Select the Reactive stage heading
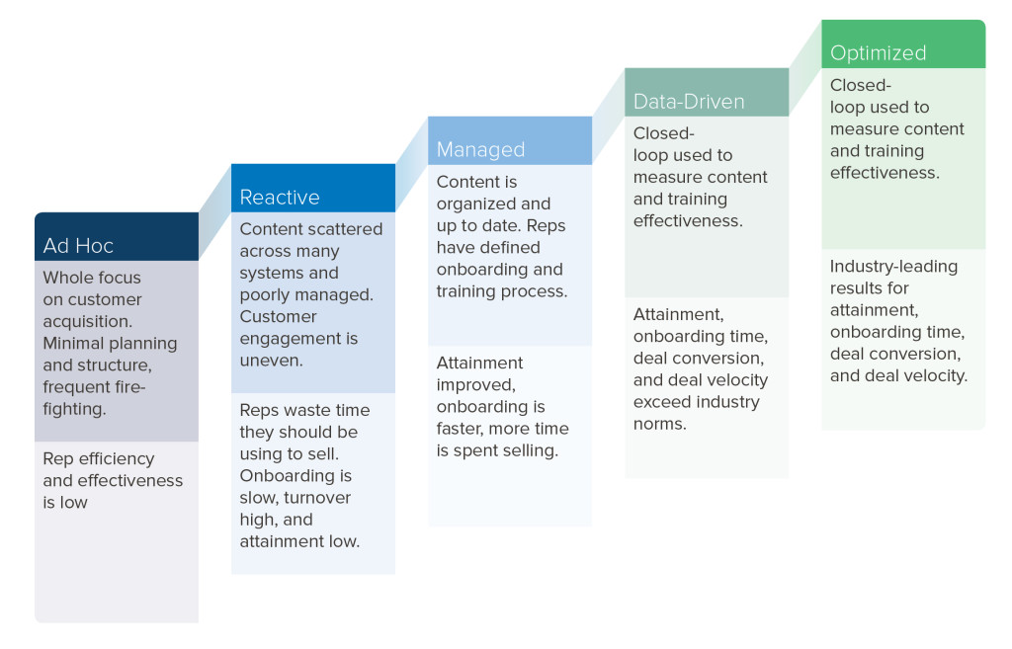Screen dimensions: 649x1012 coord(280,197)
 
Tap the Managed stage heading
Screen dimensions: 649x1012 coord(480,149)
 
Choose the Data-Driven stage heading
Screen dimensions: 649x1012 coord(688,101)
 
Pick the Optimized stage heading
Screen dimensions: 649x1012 coord(878,53)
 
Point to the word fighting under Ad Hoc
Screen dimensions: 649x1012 coord(74,408)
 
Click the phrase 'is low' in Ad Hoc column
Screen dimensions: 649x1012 coord(65,502)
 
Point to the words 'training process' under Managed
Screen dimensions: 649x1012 coord(501,290)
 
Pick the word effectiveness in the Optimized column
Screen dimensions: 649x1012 coord(884,172)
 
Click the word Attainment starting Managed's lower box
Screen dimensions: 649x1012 coord(479,363)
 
